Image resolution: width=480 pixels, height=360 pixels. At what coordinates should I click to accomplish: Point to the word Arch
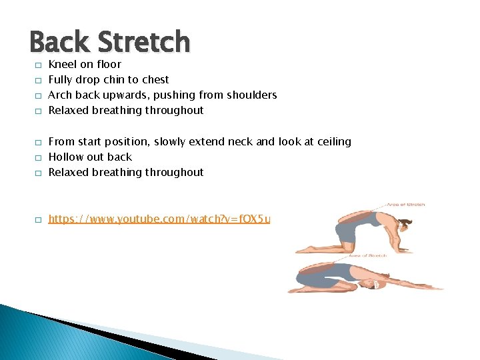coord(60,95)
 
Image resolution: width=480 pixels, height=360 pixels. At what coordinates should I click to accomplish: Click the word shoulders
coord(251,95)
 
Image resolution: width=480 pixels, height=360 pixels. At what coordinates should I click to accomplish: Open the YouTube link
coord(159,218)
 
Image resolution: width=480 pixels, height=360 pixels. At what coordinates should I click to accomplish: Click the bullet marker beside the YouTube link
coord(39,219)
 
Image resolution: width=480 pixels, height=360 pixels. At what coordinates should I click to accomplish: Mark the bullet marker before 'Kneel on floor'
coord(39,65)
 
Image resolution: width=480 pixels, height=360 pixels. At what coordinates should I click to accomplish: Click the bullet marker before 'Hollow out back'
coord(39,157)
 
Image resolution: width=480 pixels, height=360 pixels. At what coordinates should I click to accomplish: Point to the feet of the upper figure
coord(308,250)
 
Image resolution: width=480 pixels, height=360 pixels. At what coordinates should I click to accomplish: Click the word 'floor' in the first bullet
coord(109,65)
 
